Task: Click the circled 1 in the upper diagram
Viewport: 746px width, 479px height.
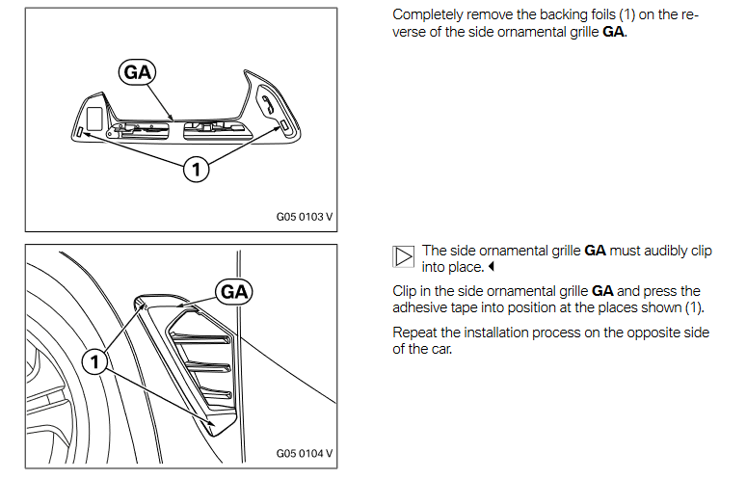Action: pyautogui.click(x=196, y=170)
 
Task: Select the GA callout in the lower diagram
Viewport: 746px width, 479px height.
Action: pyautogui.click(x=234, y=290)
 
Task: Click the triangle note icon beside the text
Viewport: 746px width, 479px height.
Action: pyautogui.click(x=403, y=256)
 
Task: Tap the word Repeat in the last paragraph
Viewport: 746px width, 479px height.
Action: pyautogui.click(x=415, y=332)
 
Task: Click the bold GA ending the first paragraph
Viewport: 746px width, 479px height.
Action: pyautogui.click(x=613, y=32)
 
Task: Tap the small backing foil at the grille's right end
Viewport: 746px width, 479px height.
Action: pyautogui.click(x=281, y=127)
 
